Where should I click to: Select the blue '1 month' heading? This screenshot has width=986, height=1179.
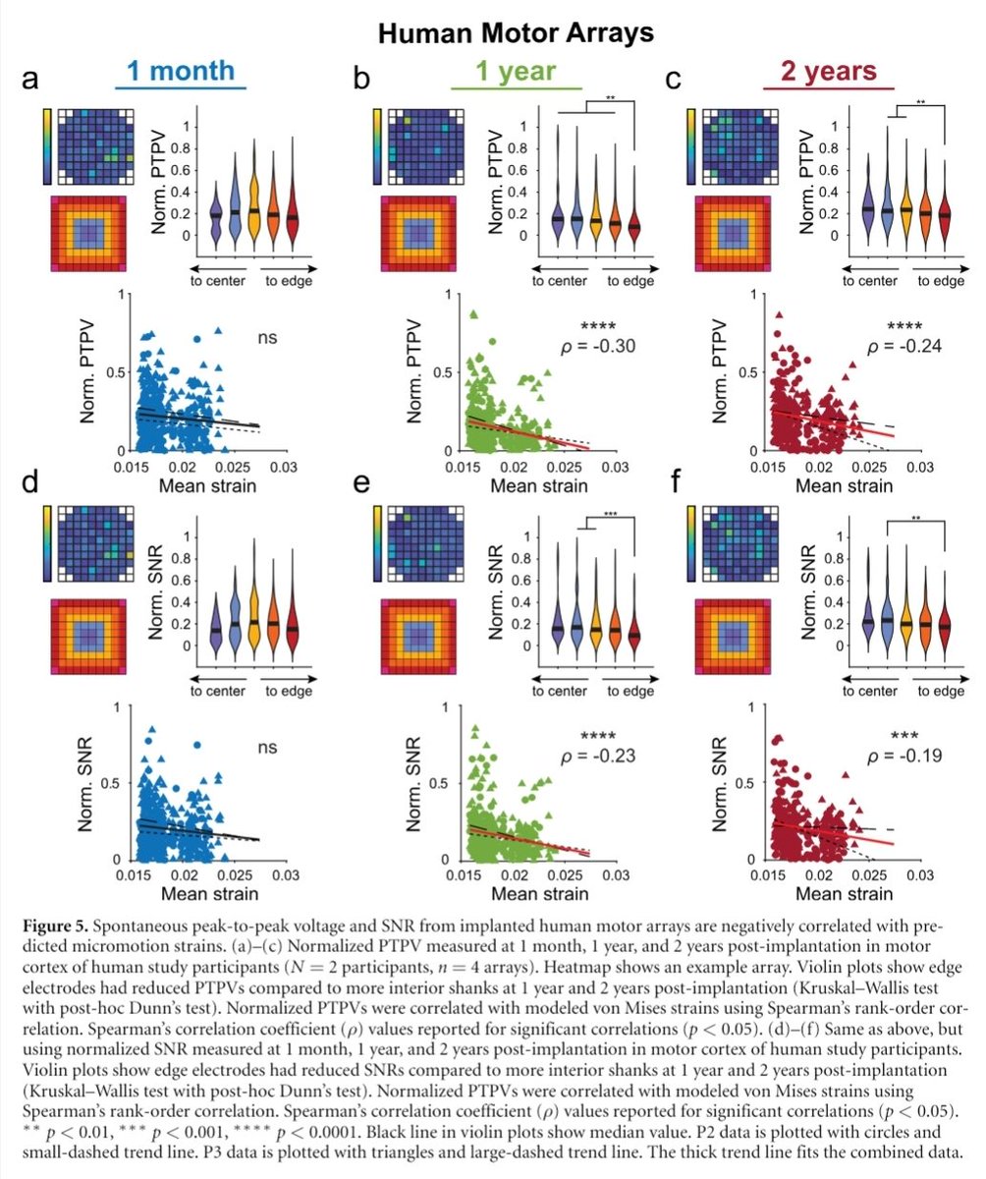(180, 72)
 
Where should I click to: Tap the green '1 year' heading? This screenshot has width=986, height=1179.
(517, 72)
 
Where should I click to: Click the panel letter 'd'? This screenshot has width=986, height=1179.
(30, 486)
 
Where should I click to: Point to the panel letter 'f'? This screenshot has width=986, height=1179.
(675, 486)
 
